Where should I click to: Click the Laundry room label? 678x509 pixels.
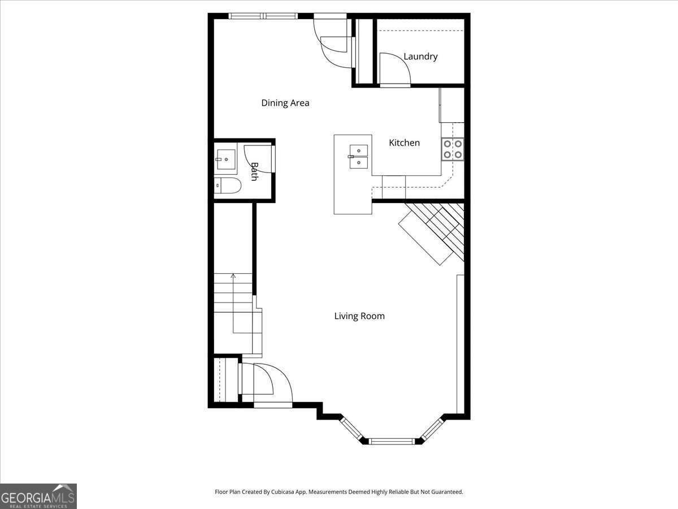(420, 57)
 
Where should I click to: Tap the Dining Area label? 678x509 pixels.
(285, 103)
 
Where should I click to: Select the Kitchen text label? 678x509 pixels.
(404, 143)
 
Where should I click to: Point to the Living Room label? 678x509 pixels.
(359, 316)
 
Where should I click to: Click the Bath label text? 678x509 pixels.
(254, 171)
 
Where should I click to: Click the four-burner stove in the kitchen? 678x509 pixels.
(453, 149)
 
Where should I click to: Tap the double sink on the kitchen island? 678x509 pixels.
(358, 157)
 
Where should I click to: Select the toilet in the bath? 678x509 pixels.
(228, 185)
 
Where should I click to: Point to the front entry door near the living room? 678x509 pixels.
(272, 385)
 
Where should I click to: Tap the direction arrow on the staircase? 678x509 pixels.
(233, 277)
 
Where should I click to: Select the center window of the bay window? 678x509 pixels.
(392, 441)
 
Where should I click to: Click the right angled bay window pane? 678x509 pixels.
(433, 429)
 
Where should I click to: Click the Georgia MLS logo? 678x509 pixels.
(38, 496)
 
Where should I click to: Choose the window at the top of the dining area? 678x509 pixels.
(263, 16)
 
